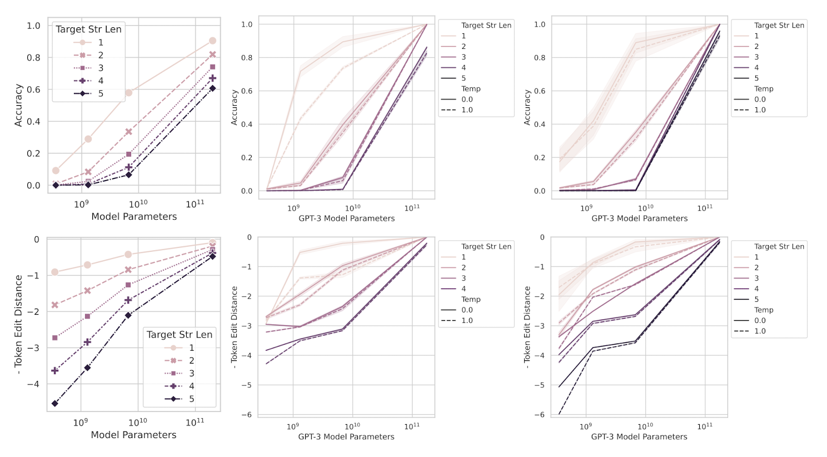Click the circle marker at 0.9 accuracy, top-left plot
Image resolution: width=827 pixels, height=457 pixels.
[212, 41]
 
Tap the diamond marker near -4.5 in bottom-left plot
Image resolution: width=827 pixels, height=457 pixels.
[55, 403]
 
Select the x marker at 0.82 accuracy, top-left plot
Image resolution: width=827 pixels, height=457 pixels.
[212, 54]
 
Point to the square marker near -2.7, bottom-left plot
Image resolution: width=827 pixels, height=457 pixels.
[55, 337]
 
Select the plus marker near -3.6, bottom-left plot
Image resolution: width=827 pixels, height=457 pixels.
[55, 370]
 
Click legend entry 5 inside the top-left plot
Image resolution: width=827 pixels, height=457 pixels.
[101, 93]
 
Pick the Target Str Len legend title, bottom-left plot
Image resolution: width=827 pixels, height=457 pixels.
[180, 334]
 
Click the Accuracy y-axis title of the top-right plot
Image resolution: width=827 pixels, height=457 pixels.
[527, 107]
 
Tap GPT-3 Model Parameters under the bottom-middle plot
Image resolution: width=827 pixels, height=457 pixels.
[346, 436]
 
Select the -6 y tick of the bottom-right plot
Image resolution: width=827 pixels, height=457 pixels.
[542, 414]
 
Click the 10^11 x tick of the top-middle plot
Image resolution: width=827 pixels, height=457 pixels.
[412, 208]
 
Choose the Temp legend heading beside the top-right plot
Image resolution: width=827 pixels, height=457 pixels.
[764, 89]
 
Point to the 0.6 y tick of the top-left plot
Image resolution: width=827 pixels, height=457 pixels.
[33, 90]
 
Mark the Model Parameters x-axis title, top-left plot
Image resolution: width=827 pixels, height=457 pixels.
[134, 216]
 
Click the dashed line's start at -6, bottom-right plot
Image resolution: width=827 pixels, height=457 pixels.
[559, 414]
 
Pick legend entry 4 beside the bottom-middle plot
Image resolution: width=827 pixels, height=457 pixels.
[464, 289]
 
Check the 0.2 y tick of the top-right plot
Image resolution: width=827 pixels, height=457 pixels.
[540, 157]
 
